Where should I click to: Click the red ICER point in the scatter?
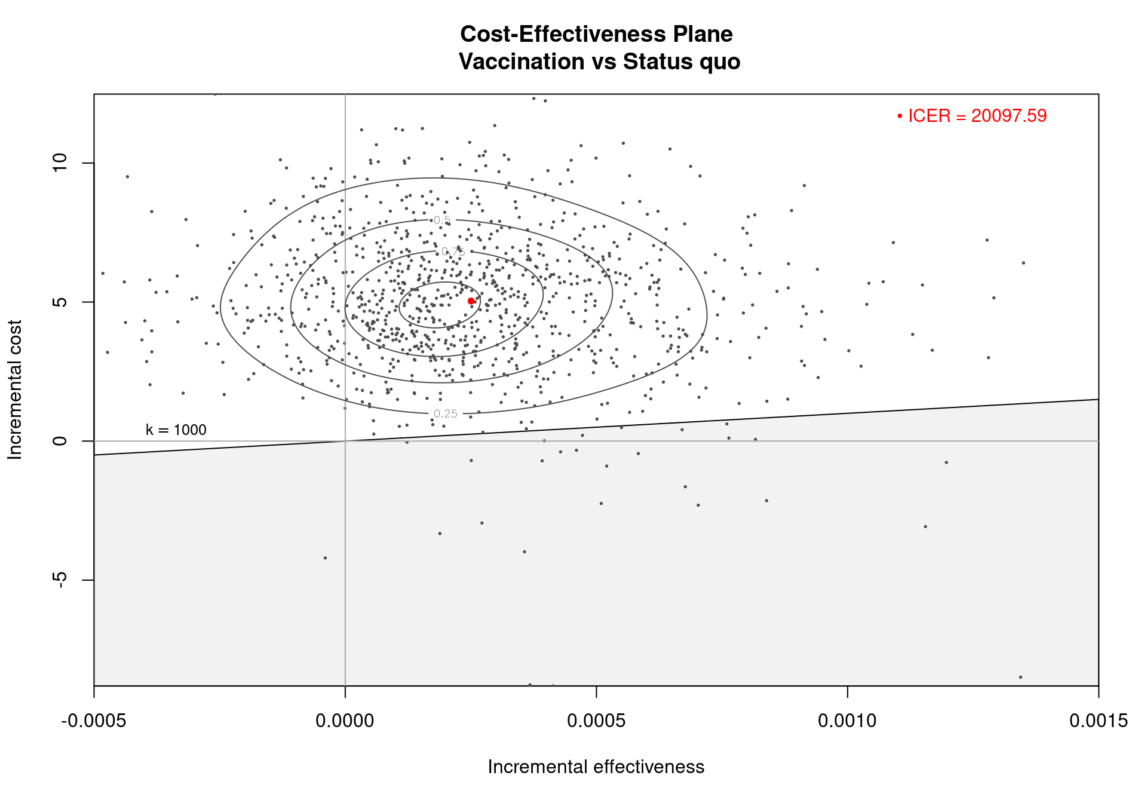click(x=471, y=301)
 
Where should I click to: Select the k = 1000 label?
click(x=176, y=430)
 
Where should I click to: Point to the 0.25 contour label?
click(x=446, y=414)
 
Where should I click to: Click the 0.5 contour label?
click(x=442, y=220)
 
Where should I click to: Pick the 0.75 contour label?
click(x=453, y=252)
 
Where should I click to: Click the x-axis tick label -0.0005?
click(x=94, y=721)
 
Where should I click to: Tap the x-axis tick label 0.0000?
click(x=345, y=721)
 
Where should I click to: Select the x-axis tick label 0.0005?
click(x=596, y=721)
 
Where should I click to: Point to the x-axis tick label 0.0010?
click(x=847, y=721)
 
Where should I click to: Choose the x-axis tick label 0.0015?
click(x=1098, y=721)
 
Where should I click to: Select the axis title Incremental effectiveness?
click(x=596, y=767)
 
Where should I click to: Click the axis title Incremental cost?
click(x=15, y=390)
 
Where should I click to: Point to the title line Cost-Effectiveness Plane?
click(x=596, y=35)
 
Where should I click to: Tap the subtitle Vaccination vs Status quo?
click(x=599, y=62)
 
